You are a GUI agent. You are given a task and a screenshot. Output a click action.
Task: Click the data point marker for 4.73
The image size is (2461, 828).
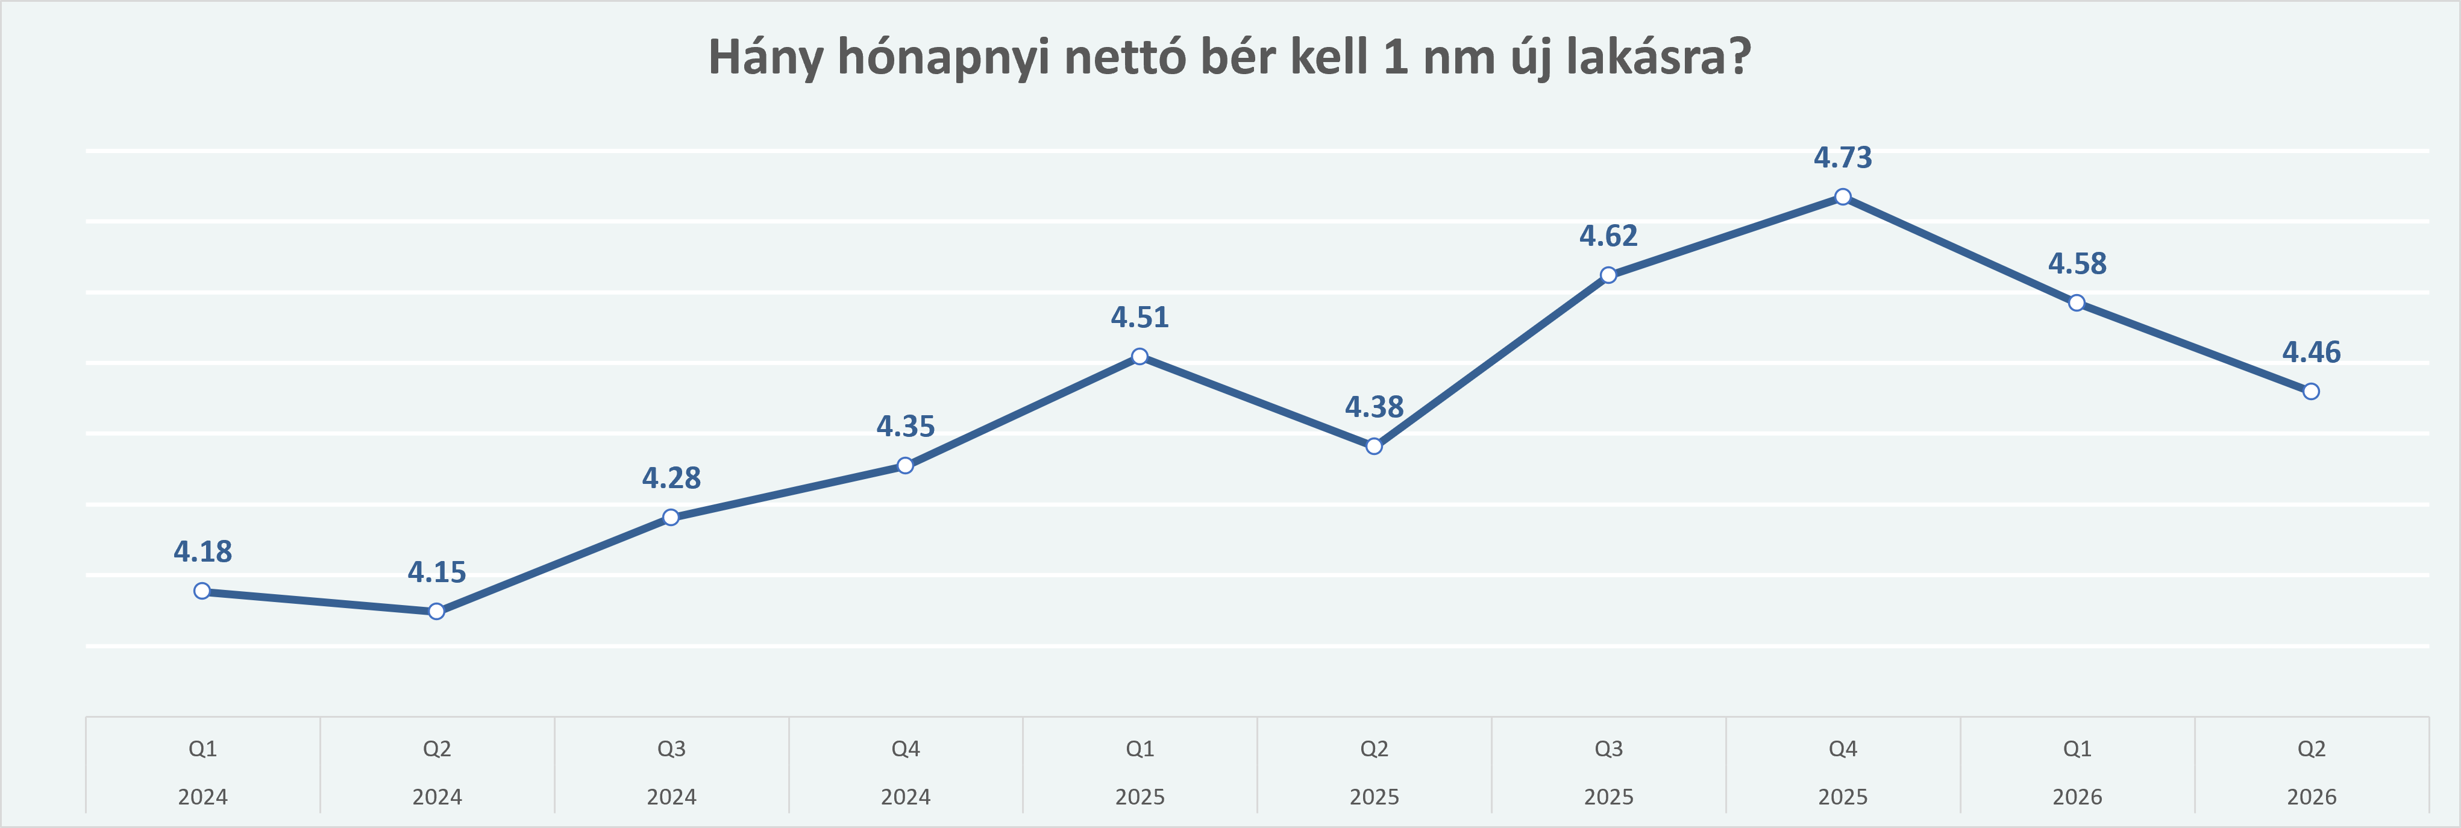point(1843,196)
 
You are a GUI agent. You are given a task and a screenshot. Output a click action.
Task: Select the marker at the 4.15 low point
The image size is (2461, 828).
point(437,611)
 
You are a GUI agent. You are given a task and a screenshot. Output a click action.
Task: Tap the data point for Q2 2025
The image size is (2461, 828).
point(1374,446)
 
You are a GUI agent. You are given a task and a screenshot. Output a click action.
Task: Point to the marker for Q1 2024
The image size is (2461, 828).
point(202,591)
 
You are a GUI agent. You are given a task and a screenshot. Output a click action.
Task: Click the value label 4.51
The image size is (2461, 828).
point(1140,317)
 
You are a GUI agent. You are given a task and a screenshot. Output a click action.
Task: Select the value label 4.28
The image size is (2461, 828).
point(672,477)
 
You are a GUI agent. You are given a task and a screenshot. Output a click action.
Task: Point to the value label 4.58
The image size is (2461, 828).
point(2077,263)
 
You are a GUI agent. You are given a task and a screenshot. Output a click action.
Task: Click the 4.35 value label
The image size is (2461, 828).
point(906,426)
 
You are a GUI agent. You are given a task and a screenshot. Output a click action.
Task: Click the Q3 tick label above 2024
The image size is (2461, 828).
point(672,748)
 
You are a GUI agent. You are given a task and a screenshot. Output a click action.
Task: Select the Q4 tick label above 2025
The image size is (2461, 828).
point(1843,748)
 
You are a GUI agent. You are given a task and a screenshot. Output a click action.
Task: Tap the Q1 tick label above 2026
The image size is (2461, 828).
point(2077,748)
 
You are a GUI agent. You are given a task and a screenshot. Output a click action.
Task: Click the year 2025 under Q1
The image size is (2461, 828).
point(1140,797)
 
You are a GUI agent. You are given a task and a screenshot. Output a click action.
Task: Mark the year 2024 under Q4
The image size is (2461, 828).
point(906,797)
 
